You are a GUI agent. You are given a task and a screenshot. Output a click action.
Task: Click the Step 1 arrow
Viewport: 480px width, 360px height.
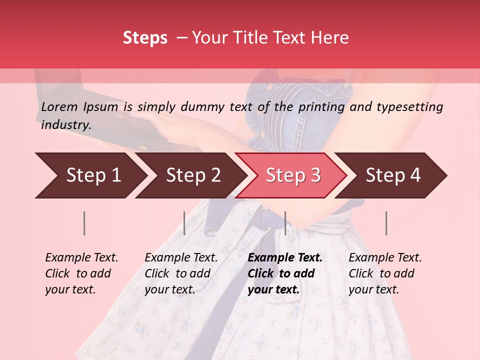(90, 175)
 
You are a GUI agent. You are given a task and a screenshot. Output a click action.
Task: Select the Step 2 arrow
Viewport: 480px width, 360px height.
(192, 175)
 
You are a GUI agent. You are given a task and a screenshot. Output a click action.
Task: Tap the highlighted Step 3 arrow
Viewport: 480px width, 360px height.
(292, 175)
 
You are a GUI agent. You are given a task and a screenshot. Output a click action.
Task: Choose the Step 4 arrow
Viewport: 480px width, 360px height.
(392, 175)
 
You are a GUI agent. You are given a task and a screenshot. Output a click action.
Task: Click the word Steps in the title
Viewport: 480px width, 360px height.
(145, 38)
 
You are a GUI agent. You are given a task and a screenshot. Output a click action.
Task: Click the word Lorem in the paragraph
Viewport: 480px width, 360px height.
(59, 107)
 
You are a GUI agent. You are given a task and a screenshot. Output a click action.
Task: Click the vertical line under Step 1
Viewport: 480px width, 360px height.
(84, 223)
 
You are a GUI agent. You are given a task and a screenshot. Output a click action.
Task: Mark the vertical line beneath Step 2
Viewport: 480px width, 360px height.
(184, 223)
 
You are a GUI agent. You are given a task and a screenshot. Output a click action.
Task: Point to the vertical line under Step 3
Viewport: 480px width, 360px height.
(285, 223)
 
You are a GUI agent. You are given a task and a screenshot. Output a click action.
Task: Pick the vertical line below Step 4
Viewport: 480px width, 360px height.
(386, 223)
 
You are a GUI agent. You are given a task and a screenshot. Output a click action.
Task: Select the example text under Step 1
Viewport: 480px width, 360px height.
(81, 273)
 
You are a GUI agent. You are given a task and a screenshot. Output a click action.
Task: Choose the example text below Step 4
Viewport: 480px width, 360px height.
(385, 273)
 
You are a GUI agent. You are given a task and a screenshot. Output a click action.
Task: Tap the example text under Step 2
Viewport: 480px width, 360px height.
(181, 273)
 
